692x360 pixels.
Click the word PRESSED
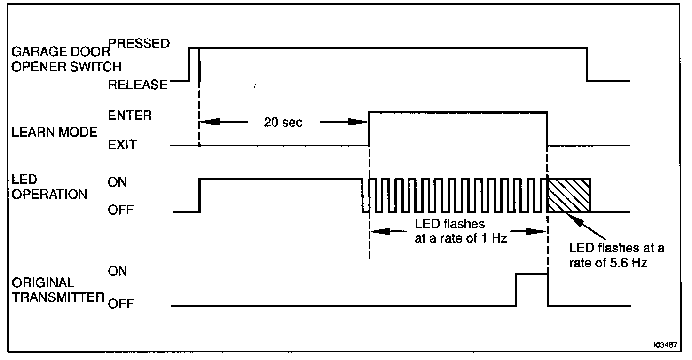[x=139, y=43]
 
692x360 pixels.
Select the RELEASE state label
[x=138, y=85]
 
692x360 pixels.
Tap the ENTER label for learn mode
[x=130, y=115]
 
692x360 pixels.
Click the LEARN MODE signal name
[x=54, y=132]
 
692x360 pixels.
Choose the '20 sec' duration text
[x=283, y=123]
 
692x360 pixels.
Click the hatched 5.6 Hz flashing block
[x=568, y=195]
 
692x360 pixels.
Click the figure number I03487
[x=665, y=344]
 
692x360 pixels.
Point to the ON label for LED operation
[x=118, y=182]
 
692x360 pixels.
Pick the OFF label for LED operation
[x=121, y=210]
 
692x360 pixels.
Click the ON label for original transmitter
[x=118, y=271]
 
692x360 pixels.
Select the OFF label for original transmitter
[x=121, y=304]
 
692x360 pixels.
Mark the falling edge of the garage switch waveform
[x=587, y=64]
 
